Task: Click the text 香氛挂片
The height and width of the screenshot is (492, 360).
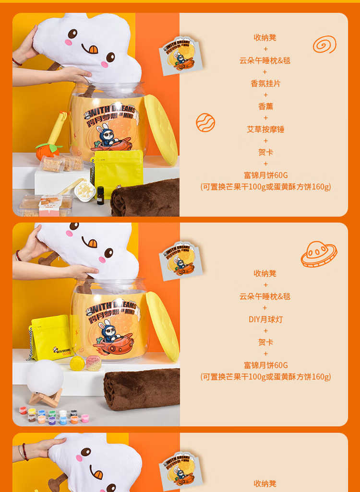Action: point(265,83)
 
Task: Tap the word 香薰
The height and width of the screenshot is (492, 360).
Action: point(265,106)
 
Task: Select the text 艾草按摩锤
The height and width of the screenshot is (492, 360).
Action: point(265,129)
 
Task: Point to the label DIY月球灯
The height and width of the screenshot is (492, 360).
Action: point(265,319)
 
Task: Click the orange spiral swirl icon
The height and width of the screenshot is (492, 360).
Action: point(324,44)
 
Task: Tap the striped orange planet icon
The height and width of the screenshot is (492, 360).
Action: point(205,122)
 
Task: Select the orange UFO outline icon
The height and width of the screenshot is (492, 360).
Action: point(319,254)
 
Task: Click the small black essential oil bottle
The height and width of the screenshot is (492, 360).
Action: point(100,196)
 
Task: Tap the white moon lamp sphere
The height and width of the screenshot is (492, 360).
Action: point(45,377)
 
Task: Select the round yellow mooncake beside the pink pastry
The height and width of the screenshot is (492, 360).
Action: point(77,363)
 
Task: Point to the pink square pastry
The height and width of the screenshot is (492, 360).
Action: point(94,363)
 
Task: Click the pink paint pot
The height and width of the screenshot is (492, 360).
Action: point(85,418)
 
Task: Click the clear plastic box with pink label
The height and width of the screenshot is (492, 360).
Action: point(46,206)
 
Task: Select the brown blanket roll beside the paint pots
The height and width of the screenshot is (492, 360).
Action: point(142,389)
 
